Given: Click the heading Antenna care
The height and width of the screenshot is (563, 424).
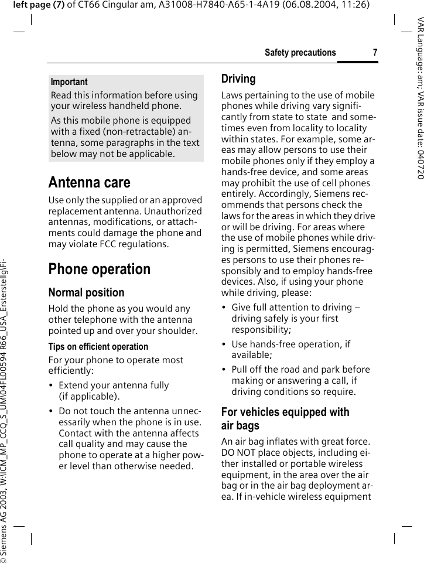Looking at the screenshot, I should [x=90, y=183].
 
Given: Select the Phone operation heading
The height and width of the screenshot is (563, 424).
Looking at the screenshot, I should [x=100, y=269].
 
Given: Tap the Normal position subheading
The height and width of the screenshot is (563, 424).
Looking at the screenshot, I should [x=86, y=292].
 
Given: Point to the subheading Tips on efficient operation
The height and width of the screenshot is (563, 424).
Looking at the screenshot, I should [x=98, y=347].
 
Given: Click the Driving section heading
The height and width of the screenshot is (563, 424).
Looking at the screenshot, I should [x=238, y=79].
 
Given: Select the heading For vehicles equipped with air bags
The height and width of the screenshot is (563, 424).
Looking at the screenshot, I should [x=285, y=419].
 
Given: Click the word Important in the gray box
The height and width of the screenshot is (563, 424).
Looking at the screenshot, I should [x=69, y=82].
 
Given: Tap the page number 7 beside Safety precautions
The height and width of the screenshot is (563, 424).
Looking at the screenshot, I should [x=375, y=53].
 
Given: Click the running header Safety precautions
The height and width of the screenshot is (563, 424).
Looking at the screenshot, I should [x=300, y=53].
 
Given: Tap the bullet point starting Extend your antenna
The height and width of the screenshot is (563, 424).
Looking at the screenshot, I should [x=52, y=385].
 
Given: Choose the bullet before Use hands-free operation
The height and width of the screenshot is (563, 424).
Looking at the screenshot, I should [x=224, y=344].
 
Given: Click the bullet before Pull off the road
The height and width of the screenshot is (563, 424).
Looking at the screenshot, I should [x=224, y=370].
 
